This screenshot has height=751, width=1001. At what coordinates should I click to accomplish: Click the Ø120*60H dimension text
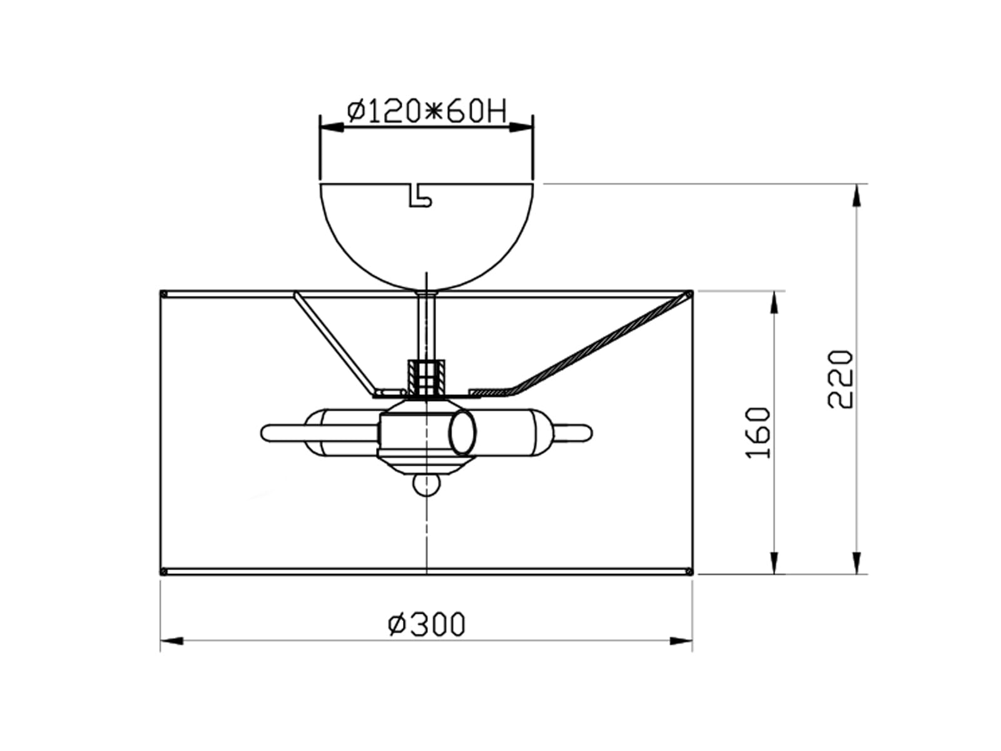click(427, 111)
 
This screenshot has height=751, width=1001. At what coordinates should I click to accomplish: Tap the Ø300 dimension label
click(427, 624)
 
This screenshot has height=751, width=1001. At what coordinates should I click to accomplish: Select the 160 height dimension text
click(758, 432)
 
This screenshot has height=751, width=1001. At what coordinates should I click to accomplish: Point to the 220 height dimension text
click(840, 379)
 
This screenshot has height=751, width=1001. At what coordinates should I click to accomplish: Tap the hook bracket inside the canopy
click(420, 196)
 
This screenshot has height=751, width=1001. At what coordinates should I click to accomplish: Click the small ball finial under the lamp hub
click(427, 485)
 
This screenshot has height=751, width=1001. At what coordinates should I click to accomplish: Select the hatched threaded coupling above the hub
click(427, 377)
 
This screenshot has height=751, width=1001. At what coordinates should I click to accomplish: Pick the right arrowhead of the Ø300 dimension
click(681, 641)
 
